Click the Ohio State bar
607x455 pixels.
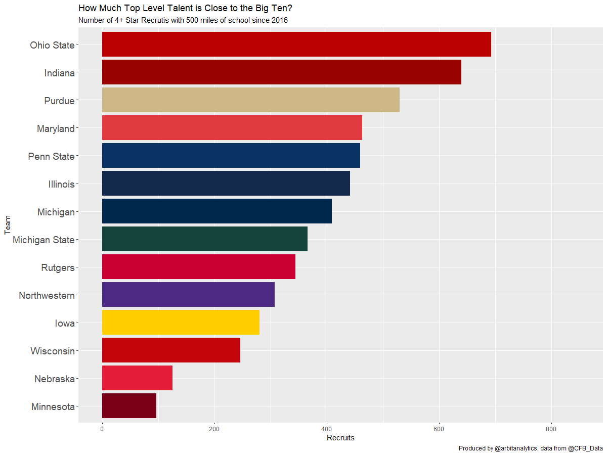[296, 44]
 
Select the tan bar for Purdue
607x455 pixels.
[251, 100]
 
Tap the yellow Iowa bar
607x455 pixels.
[181, 323]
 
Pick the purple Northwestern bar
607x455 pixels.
[188, 295]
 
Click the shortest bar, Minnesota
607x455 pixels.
[129, 406]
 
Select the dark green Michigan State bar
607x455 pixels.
[205, 239]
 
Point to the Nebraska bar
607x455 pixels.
[137, 378]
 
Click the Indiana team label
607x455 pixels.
[59, 73]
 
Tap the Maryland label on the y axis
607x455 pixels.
[56, 128]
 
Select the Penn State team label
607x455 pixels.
[51, 156]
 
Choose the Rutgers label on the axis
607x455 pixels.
[58, 267]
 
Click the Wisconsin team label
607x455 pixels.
[53, 351]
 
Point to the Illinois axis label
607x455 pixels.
[61, 184]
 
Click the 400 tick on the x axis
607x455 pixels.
[327, 429]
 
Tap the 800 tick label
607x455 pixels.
[551, 429]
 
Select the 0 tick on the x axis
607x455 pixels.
[102, 429]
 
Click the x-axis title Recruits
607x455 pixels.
[340, 438]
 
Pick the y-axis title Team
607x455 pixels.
[7, 225]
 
